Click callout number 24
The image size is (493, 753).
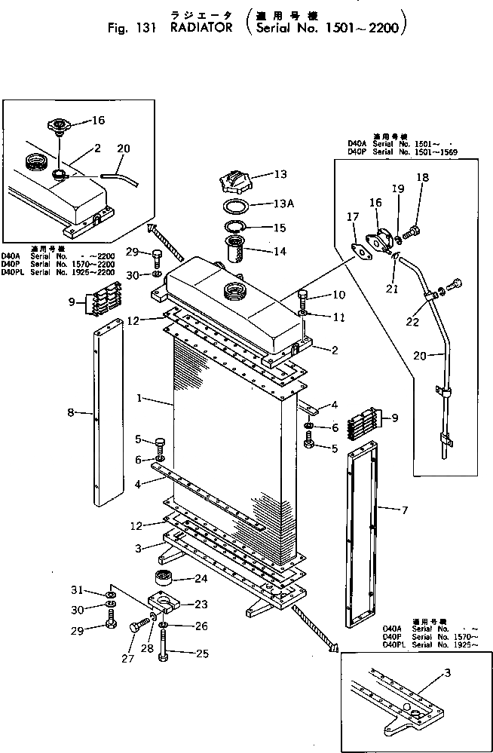pos(201,580)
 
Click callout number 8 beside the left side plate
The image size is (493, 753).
pos(71,412)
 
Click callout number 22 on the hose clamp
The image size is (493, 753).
pos(412,322)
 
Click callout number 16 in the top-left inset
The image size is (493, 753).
pos(99,120)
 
